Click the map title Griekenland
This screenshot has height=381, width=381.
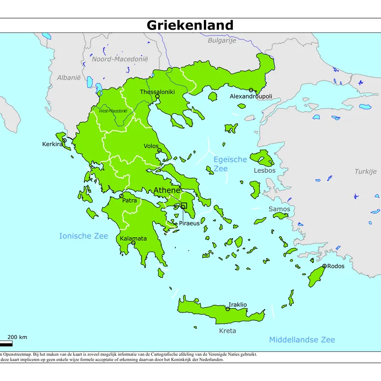click(190, 25)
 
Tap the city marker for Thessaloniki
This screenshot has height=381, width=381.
click(157, 96)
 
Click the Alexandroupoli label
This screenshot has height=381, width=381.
click(251, 96)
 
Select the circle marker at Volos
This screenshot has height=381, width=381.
click(160, 150)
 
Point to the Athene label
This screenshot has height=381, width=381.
click(167, 190)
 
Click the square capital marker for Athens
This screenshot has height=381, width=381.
click(184, 206)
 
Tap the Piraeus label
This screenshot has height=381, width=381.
click(189, 223)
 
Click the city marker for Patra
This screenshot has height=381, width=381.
click(121, 196)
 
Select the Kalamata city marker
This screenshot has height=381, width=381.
click(133, 243)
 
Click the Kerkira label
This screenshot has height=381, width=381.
click(52, 144)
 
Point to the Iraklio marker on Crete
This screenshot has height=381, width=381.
click(228, 309)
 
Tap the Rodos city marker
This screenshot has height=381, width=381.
click(324, 266)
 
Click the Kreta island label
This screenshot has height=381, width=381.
click(227, 331)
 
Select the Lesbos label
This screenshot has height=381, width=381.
click(264, 170)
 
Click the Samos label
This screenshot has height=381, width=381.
click(279, 209)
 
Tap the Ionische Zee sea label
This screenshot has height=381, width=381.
click(83, 236)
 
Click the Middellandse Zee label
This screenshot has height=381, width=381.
click(302, 340)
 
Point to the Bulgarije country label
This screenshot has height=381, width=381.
click(222, 40)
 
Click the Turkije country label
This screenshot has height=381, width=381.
click(365, 171)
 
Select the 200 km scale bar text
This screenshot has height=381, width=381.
click(17, 337)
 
